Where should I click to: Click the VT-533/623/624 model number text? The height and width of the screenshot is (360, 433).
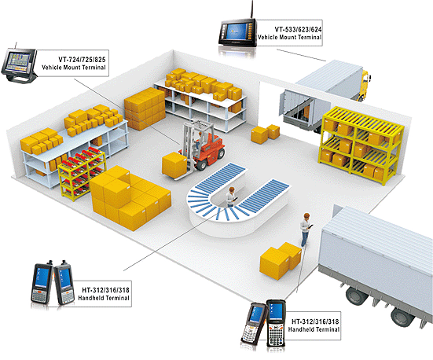click(298, 29)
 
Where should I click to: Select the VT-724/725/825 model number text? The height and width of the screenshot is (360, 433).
click(82, 60)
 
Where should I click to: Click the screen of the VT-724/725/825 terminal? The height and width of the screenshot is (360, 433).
click(18, 61)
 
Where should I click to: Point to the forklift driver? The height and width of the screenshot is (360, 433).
click(198, 141)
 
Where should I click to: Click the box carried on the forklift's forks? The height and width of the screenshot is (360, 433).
click(174, 165)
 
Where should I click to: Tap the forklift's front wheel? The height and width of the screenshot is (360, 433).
click(202, 164)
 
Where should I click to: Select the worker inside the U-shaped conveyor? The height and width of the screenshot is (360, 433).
click(231, 197)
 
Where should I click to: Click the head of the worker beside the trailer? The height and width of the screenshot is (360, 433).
click(306, 216)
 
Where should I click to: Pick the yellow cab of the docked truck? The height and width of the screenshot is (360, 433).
click(365, 84)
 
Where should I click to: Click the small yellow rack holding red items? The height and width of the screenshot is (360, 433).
click(82, 174)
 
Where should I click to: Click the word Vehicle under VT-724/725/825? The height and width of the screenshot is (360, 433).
click(52, 67)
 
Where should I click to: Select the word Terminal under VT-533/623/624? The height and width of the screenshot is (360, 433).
click(310, 37)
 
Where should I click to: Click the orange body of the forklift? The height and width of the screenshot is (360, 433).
click(213, 148)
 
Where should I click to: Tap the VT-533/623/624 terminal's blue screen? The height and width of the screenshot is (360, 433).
click(236, 31)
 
